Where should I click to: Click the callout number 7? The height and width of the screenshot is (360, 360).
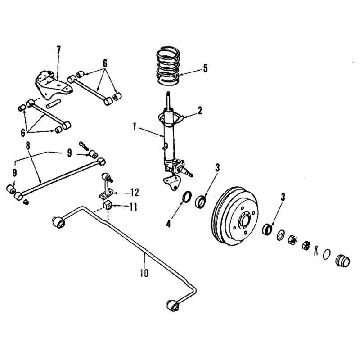pyautogui.click(x=59, y=50)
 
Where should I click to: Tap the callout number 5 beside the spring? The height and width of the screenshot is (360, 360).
pyautogui.click(x=205, y=68)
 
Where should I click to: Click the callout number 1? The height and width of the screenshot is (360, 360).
pyautogui.click(x=135, y=127)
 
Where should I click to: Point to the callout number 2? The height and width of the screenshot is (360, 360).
pyautogui.click(x=200, y=111)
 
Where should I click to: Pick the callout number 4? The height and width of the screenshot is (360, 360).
pyautogui.click(x=168, y=223)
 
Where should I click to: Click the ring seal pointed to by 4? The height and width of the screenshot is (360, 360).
pyautogui.click(x=187, y=197)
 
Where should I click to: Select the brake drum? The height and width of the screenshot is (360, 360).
pyautogui.click(x=234, y=216)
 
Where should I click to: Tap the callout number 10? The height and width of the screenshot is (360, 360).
pyautogui.click(x=144, y=273)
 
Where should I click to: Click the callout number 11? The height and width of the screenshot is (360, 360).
pyautogui.click(x=133, y=207)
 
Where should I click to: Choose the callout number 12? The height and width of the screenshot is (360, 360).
pyautogui.click(x=135, y=193)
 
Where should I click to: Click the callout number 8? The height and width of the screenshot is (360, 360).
pyautogui.click(x=28, y=146)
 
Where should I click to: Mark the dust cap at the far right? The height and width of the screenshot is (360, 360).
pyautogui.click(x=343, y=261)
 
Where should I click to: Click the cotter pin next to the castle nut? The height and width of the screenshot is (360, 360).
pyautogui.click(x=316, y=250)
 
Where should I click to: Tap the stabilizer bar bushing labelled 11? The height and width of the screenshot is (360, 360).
pyautogui.click(x=108, y=205)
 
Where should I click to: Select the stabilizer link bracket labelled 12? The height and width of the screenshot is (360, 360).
pyautogui.click(x=107, y=186)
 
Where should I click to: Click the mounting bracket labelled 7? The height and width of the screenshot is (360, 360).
pyautogui.click(x=53, y=85)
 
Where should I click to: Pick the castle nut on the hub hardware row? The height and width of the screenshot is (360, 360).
pyautogui.click(x=306, y=245)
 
